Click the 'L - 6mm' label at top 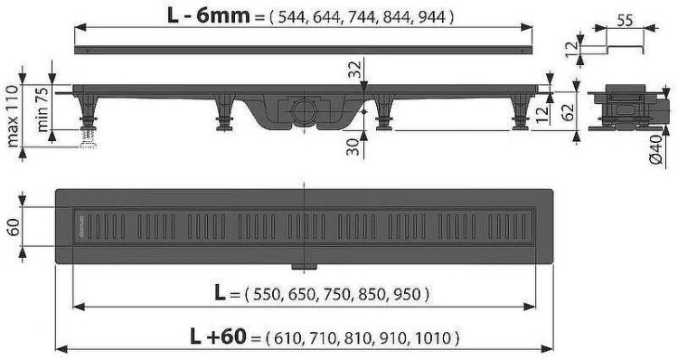pyautogui.click(x=209, y=15)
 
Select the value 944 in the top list pyautogui.click(x=431, y=17)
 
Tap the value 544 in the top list pyautogui.click(x=291, y=17)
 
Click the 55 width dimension pyautogui.click(x=625, y=20)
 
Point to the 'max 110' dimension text pyautogui.click(x=13, y=116)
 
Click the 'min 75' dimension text pyautogui.click(x=42, y=112)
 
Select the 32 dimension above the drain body pyautogui.click(x=354, y=70)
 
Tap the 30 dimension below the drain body pyautogui.click(x=354, y=147)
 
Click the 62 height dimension pyautogui.click(x=569, y=112)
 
